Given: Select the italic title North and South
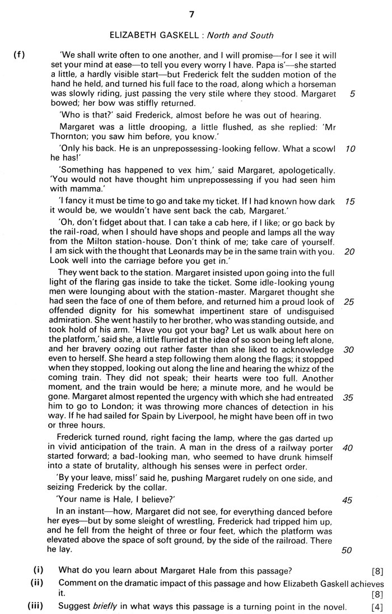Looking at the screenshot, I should pos(238,36).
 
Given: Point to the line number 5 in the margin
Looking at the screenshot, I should pos(351,94).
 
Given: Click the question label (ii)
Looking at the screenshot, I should pos(38,582).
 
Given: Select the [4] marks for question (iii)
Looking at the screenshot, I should pos(377,606).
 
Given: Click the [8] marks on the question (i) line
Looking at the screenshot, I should pos(377,571).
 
